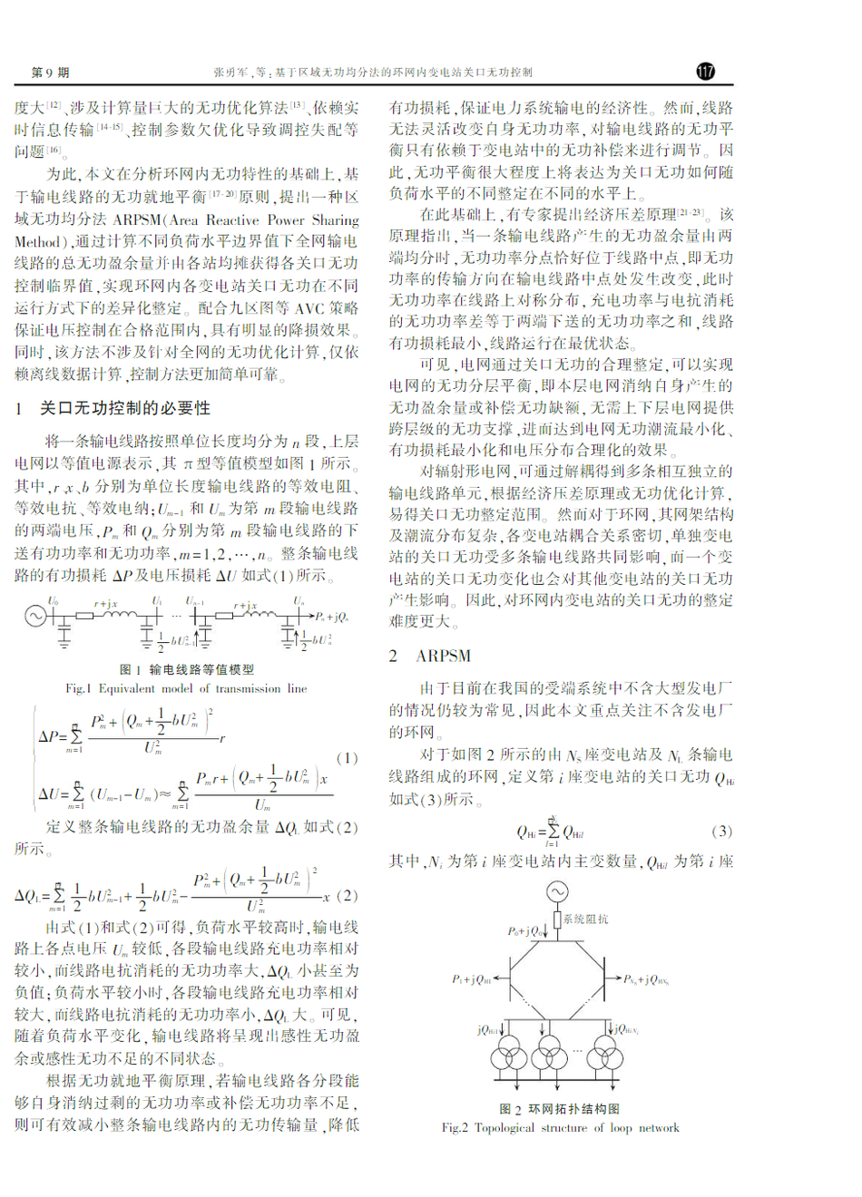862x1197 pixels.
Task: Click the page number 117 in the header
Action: pyautogui.click(x=706, y=72)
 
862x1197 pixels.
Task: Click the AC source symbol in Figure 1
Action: pyautogui.click(x=35, y=616)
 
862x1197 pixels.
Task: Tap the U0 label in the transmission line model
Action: pyautogui.click(x=54, y=600)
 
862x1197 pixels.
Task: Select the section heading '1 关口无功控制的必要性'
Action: pyautogui.click(x=113, y=409)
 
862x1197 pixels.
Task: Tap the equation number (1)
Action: pyautogui.click(x=347, y=757)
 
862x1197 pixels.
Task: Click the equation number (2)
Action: pyautogui.click(x=347, y=896)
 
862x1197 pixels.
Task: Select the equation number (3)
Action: pyautogui.click(x=721, y=831)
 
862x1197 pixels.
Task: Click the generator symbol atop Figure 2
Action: pyautogui.click(x=556, y=892)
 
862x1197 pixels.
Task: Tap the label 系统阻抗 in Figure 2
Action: pyautogui.click(x=585, y=919)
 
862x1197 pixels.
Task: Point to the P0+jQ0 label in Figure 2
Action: pyautogui.click(x=526, y=931)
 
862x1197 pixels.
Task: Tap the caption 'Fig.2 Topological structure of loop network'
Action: pyautogui.click(x=560, y=1128)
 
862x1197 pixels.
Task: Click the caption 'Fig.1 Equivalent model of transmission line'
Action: pyautogui.click(x=186, y=688)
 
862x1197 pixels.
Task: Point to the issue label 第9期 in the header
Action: pyautogui.click(x=50, y=73)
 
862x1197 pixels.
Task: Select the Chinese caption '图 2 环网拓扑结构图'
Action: pyautogui.click(x=559, y=1109)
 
